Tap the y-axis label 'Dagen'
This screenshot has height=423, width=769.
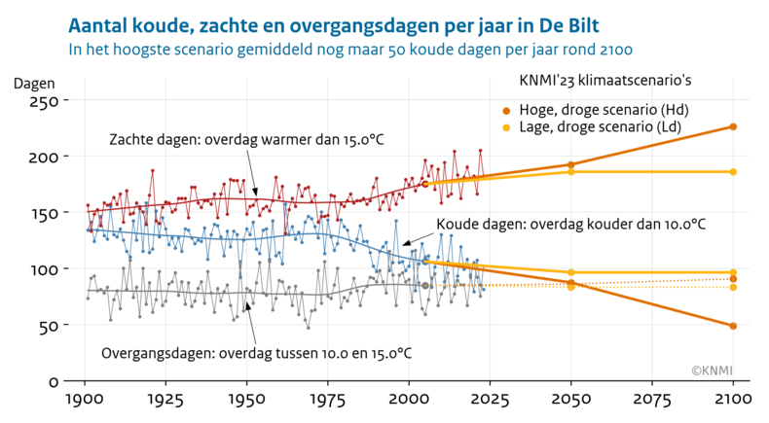[x=34, y=83]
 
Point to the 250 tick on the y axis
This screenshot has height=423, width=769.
[x=44, y=101]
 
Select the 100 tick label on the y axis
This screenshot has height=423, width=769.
[x=44, y=269]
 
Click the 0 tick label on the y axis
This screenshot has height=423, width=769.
[x=55, y=381]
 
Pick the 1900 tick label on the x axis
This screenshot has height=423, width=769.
[x=85, y=401]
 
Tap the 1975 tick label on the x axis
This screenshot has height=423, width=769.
[x=328, y=401]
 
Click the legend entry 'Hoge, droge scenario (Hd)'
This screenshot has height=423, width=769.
[x=604, y=108]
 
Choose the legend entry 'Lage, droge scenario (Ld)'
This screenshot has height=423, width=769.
[x=604, y=126]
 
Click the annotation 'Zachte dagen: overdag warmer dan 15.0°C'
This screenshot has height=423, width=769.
[x=246, y=140]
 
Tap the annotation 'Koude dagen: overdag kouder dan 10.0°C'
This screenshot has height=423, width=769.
[x=570, y=225]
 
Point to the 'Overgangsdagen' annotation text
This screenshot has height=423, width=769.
[x=256, y=352]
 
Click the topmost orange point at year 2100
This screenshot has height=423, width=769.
[x=733, y=126]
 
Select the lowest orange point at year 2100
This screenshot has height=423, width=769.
[x=733, y=326]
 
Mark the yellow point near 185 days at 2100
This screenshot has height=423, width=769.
[x=733, y=172]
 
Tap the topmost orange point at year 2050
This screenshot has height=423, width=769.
[x=571, y=165]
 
